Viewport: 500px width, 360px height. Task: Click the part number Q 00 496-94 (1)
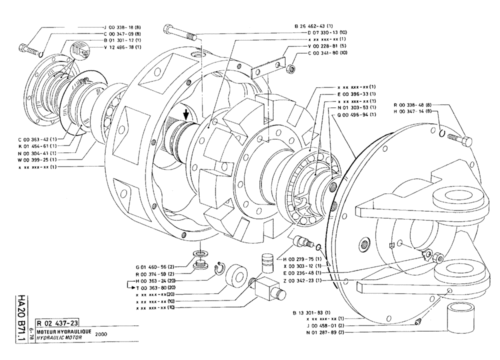pos(357,114)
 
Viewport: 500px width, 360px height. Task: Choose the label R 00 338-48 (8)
pos(415,104)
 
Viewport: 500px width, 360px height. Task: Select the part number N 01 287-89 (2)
pos(317,331)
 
